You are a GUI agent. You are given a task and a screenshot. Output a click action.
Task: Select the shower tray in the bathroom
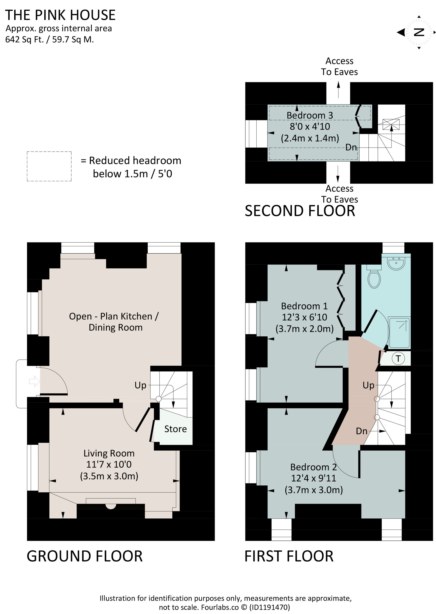pos(400,333)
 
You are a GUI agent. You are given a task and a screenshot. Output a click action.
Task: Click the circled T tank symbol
pos(398,359)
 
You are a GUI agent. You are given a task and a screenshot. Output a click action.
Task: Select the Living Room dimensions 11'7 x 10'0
pos(109,464)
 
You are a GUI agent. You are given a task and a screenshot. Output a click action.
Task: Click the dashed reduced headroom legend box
pos(49,166)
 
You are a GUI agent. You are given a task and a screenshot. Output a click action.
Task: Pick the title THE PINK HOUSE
pos(60,15)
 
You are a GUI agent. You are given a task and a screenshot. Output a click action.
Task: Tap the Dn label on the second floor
pos(351,147)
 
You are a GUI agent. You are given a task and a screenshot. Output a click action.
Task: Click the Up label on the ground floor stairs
pos(140,385)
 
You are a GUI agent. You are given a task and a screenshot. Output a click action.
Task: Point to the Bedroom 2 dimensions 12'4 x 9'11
pos(313,478)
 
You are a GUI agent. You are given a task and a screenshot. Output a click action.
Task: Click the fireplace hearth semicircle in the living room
pos(111,506)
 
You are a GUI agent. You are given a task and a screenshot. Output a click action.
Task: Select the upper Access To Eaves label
pos(339,66)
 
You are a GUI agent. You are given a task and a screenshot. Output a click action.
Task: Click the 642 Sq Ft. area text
pos(24,40)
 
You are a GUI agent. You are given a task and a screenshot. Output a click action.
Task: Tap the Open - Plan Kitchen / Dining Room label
pos(114,322)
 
